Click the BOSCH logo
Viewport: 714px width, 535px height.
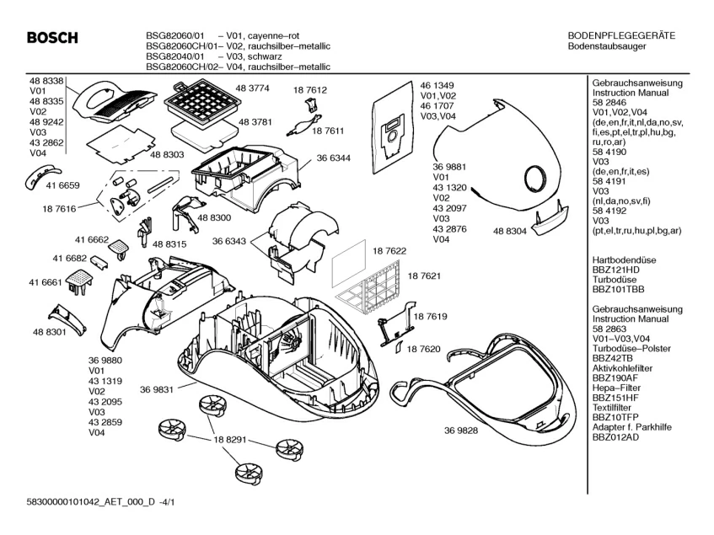(51, 38)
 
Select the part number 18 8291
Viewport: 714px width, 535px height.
(231, 439)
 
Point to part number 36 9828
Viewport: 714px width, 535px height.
(461, 431)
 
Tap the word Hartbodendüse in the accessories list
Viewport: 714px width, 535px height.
(619, 260)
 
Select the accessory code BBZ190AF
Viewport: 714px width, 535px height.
(615, 378)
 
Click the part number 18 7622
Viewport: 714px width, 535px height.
(390, 251)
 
